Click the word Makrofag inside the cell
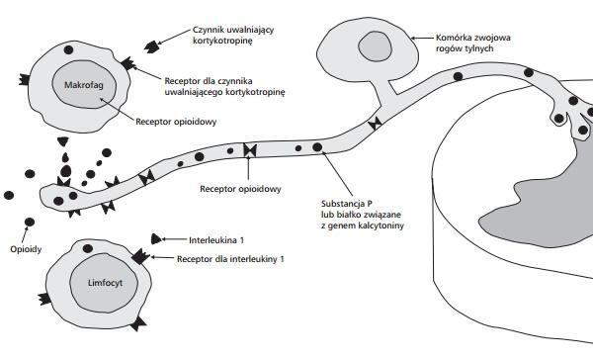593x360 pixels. [x=84, y=85]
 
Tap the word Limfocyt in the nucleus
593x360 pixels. [x=105, y=283]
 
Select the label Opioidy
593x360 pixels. [x=26, y=249]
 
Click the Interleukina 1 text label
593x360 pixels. [x=216, y=240]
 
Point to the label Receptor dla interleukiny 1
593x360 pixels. [x=230, y=259]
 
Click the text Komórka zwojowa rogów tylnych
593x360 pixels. [x=473, y=43]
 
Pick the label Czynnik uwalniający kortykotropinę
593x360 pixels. [x=233, y=35]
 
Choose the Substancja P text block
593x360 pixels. [x=363, y=215]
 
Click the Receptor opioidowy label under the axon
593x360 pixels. [x=240, y=189]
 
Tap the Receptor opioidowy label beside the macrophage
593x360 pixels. [x=176, y=122]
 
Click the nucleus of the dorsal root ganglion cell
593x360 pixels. [x=375, y=46]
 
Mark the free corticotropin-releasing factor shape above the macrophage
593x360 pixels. [x=151, y=46]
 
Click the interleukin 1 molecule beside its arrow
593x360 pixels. [x=156, y=239]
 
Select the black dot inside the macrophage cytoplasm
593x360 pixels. [x=68, y=49]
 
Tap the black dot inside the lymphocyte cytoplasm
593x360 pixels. [x=88, y=248]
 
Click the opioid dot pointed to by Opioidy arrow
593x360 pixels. [x=30, y=223]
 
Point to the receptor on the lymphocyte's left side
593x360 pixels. [x=45, y=299]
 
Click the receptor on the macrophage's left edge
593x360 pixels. [x=25, y=79]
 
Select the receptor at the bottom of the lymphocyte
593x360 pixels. [x=138, y=324]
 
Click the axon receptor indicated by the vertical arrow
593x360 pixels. [x=250, y=150]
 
